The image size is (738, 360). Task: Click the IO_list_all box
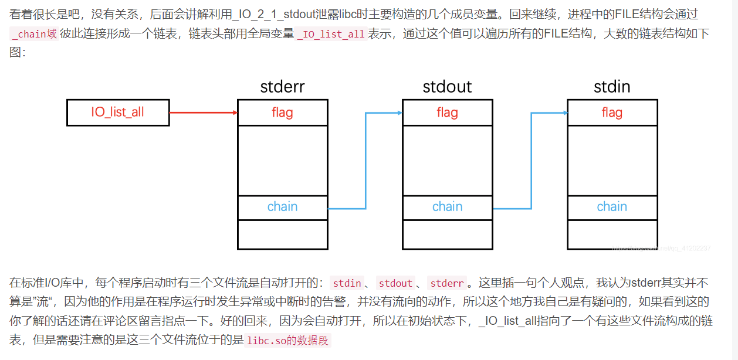tap(118, 112)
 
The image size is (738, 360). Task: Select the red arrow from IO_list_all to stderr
tap(203, 113)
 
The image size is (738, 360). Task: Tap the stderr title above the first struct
tap(282, 87)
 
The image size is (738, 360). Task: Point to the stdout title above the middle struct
tap(447, 87)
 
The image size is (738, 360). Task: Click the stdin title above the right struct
tap(612, 87)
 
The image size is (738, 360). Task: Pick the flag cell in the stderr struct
tap(282, 112)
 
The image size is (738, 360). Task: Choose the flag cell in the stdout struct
tap(447, 112)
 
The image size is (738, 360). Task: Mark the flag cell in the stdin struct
tap(612, 112)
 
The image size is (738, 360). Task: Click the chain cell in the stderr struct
tap(282, 207)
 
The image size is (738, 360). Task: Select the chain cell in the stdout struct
tap(447, 207)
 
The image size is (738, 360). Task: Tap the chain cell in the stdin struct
tap(612, 207)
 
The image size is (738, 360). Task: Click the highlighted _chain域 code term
tap(34, 33)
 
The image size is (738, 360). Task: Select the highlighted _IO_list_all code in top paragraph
tap(331, 33)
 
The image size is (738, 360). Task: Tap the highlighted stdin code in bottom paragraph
tap(347, 283)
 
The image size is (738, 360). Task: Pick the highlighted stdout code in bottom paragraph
tap(395, 283)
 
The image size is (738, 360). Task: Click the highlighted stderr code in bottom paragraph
tap(447, 283)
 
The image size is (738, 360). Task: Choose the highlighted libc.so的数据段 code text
tap(288, 341)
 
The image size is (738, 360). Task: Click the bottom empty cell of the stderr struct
tap(282, 234)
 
